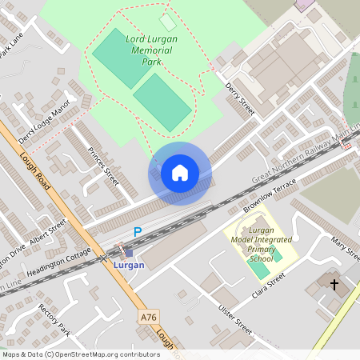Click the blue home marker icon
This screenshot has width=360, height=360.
click(180, 173)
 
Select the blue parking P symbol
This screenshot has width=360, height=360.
click(138, 232)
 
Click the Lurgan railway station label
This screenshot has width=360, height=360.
click(129, 264)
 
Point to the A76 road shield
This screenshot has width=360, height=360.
click(149, 317)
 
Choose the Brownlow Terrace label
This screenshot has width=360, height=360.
click(270, 195)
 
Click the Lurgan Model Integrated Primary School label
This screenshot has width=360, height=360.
click(261, 238)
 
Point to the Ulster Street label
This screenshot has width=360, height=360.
click(233, 318)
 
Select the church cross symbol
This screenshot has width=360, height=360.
click(334, 285)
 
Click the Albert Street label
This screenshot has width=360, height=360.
click(47, 232)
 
